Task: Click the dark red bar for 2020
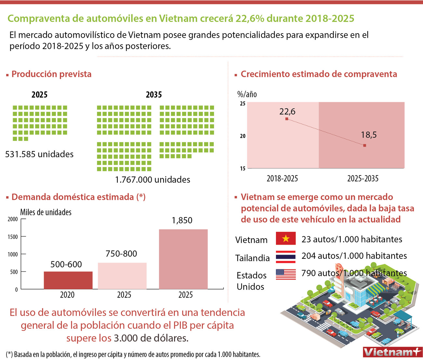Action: coord(68,280)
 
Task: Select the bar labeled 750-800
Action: coord(122,276)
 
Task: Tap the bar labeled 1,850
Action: coord(183,259)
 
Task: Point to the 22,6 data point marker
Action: coord(287,119)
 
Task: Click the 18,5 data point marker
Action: coord(364,145)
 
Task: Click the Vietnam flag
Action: coord(286,239)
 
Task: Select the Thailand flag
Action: coord(286,256)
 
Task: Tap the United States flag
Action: coord(286,274)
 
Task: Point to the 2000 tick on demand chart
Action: coord(13,219)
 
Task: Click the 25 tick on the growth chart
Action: coord(242,104)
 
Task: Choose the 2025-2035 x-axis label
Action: coord(363,178)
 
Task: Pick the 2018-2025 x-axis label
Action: coord(282,178)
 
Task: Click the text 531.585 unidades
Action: coord(39,154)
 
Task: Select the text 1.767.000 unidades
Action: coord(153,179)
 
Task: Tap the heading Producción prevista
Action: coord(51,74)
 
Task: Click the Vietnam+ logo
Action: coord(392,352)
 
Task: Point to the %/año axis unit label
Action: coord(247,94)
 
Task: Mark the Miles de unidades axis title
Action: coord(46,212)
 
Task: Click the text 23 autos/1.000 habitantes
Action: coord(352,239)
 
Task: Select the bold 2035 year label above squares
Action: coord(154,95)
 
